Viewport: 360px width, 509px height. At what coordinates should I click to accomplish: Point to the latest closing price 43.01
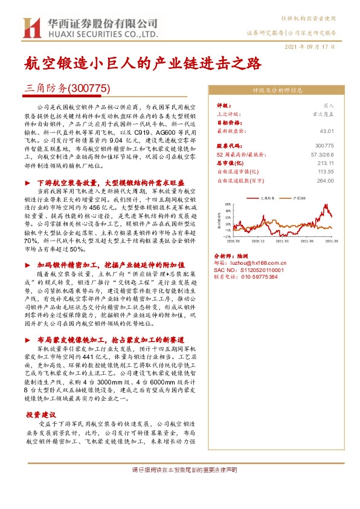tap(326, 130)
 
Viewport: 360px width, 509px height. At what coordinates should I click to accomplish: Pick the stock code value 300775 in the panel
tap(324, 146)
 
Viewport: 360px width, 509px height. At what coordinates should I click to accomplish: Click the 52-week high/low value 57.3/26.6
tap(321, 154)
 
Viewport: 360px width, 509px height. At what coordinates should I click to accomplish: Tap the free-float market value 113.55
tap(325, 171)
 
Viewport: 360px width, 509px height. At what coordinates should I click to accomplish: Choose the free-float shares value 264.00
tap(325, 180)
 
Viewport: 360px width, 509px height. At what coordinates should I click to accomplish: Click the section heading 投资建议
tap(41, 415)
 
